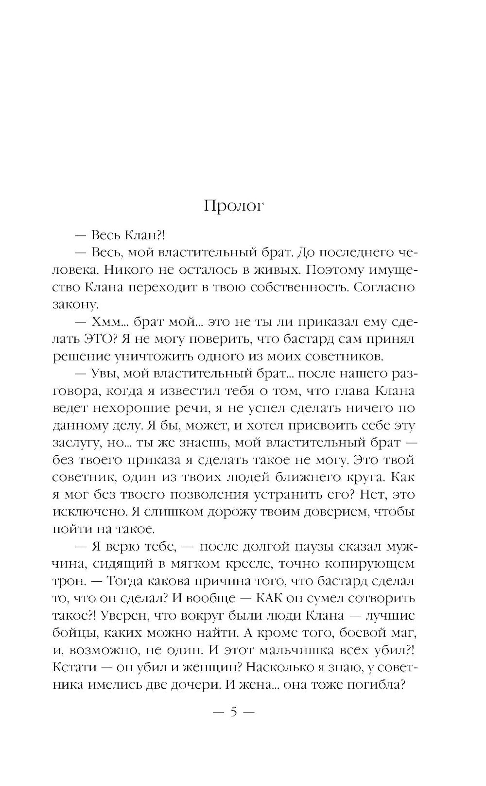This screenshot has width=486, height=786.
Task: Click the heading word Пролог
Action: tap(233, 206)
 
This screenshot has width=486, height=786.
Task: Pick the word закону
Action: tap(75, 305)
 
